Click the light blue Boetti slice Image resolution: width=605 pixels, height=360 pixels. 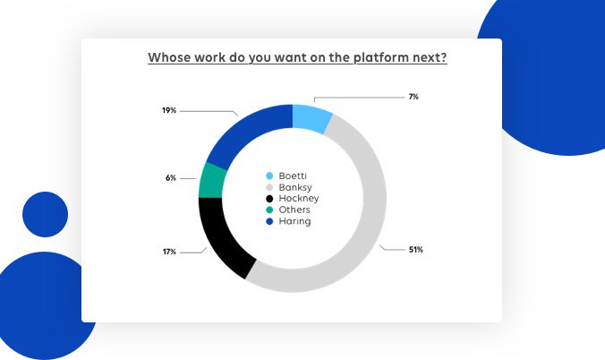tap(311, 118)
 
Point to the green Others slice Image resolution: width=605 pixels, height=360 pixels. tap(211, 180)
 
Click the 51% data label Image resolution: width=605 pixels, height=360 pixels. tap(415, 249)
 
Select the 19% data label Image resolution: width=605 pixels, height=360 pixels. tap(169, 110)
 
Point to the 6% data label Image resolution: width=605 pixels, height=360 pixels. tap(170, 178)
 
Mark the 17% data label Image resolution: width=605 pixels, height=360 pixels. tap(169, 252)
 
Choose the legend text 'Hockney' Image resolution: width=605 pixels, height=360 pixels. tap(298, 198)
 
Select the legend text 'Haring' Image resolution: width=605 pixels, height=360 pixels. tap(294, 220)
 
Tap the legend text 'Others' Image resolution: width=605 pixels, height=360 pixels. tap(294, 209)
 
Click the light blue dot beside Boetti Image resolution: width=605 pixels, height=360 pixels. tap(268, 176)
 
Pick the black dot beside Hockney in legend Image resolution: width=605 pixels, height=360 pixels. tap(268, 198)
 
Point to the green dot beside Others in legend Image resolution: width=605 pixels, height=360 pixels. tap(268, 210)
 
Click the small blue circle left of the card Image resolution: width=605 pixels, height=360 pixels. tap(45, 214)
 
